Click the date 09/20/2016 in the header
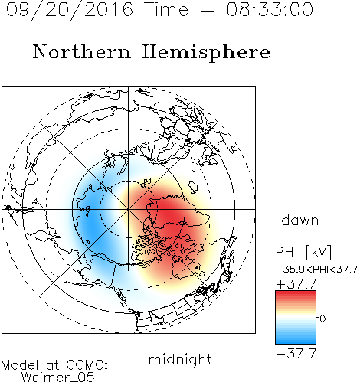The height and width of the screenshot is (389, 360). pyautogui.click(x=69, y=10)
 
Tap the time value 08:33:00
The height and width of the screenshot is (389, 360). pyautogui.click(x=270, y=9)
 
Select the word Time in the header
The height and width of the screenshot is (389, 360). pyautogui.click(x=166, y=9)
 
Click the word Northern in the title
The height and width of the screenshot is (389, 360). pyautogui.click(x=82, y=51)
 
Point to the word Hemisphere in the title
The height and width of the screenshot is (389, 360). pyautogui.click(x=206, y=53)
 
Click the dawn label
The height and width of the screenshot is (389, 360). pyautogui.click(x=300, y=220)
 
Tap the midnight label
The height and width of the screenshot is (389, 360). pyautogui.click(x=180, y=359)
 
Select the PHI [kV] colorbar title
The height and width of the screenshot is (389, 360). pyautogui.click(x=303, y=252)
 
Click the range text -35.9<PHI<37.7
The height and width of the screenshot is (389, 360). pyautogui.click(x=316, y=270)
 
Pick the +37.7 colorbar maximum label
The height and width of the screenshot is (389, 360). pyautogui.click(x=296, y=284)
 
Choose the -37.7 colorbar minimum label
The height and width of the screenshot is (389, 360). pyautogui.click(x=296, y=354)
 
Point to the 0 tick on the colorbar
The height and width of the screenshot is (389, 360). pyautogui.click(x=322, y=319)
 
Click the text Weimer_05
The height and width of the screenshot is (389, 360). pyautogui.click(x=58, y=378)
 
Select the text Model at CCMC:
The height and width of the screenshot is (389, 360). pyautogui.click(x=54, y=365)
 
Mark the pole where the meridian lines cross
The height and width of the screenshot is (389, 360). pyautogui.click(x=129, y=209)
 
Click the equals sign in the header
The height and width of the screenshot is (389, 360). pyautogui.click(x=208, y=11)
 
